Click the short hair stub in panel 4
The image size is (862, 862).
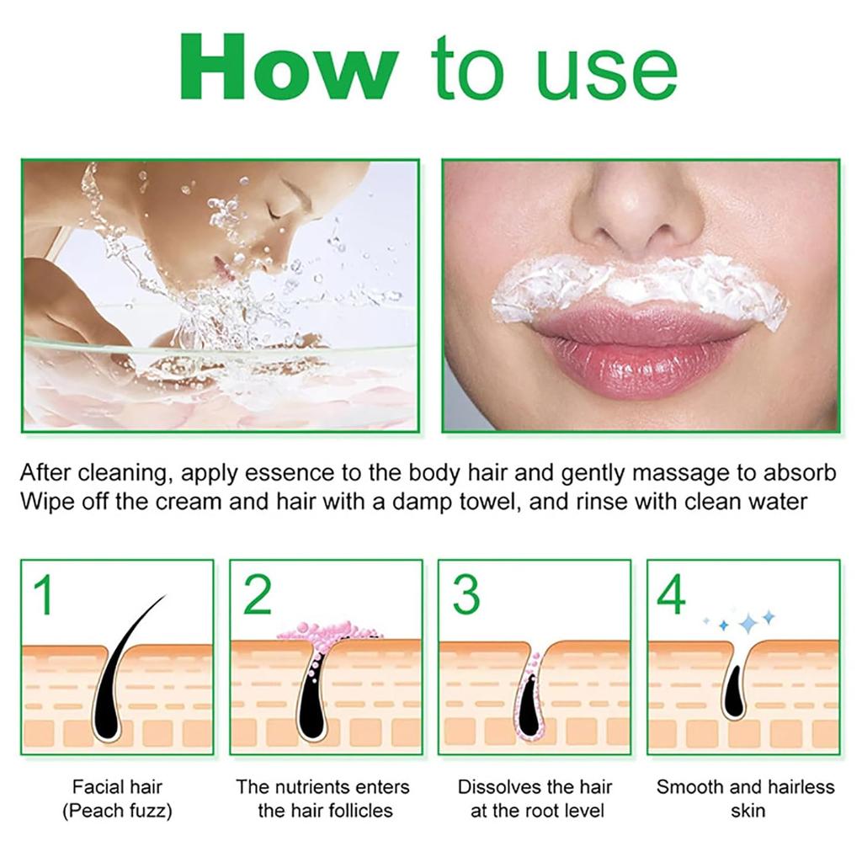[733, 690]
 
